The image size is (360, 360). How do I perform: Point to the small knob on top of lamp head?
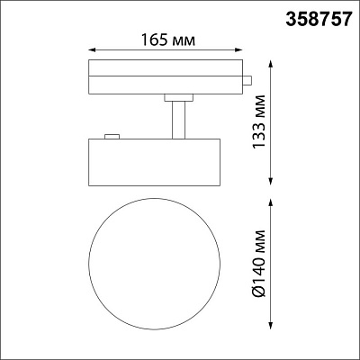pos(112,136)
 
